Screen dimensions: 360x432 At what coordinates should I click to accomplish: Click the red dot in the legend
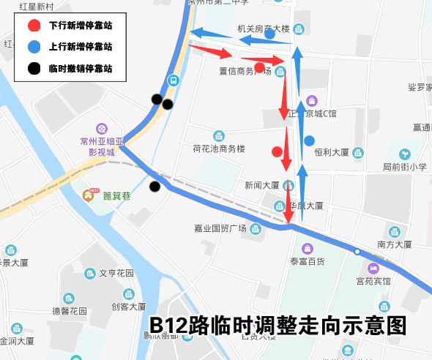coord(34,25)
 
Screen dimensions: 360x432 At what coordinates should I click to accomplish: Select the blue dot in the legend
coord(34,47)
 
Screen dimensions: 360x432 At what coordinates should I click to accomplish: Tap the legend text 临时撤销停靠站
coord(80,69)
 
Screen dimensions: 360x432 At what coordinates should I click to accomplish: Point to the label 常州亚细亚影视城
coord(102,147)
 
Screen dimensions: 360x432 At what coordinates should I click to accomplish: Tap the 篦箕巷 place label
coord(116,195)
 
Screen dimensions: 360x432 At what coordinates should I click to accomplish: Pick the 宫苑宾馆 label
coord(373,280)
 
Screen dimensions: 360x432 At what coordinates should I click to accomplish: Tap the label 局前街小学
coord(404,167)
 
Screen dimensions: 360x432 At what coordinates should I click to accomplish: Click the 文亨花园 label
coord(116,273)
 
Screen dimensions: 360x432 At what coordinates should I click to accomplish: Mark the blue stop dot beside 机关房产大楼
coord(270,34)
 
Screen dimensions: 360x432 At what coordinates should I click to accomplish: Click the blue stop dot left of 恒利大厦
coord(309,140)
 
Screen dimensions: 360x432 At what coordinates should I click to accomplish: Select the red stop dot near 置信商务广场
coord(259,67)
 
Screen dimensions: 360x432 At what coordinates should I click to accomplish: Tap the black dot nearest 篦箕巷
coord(154,187)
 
